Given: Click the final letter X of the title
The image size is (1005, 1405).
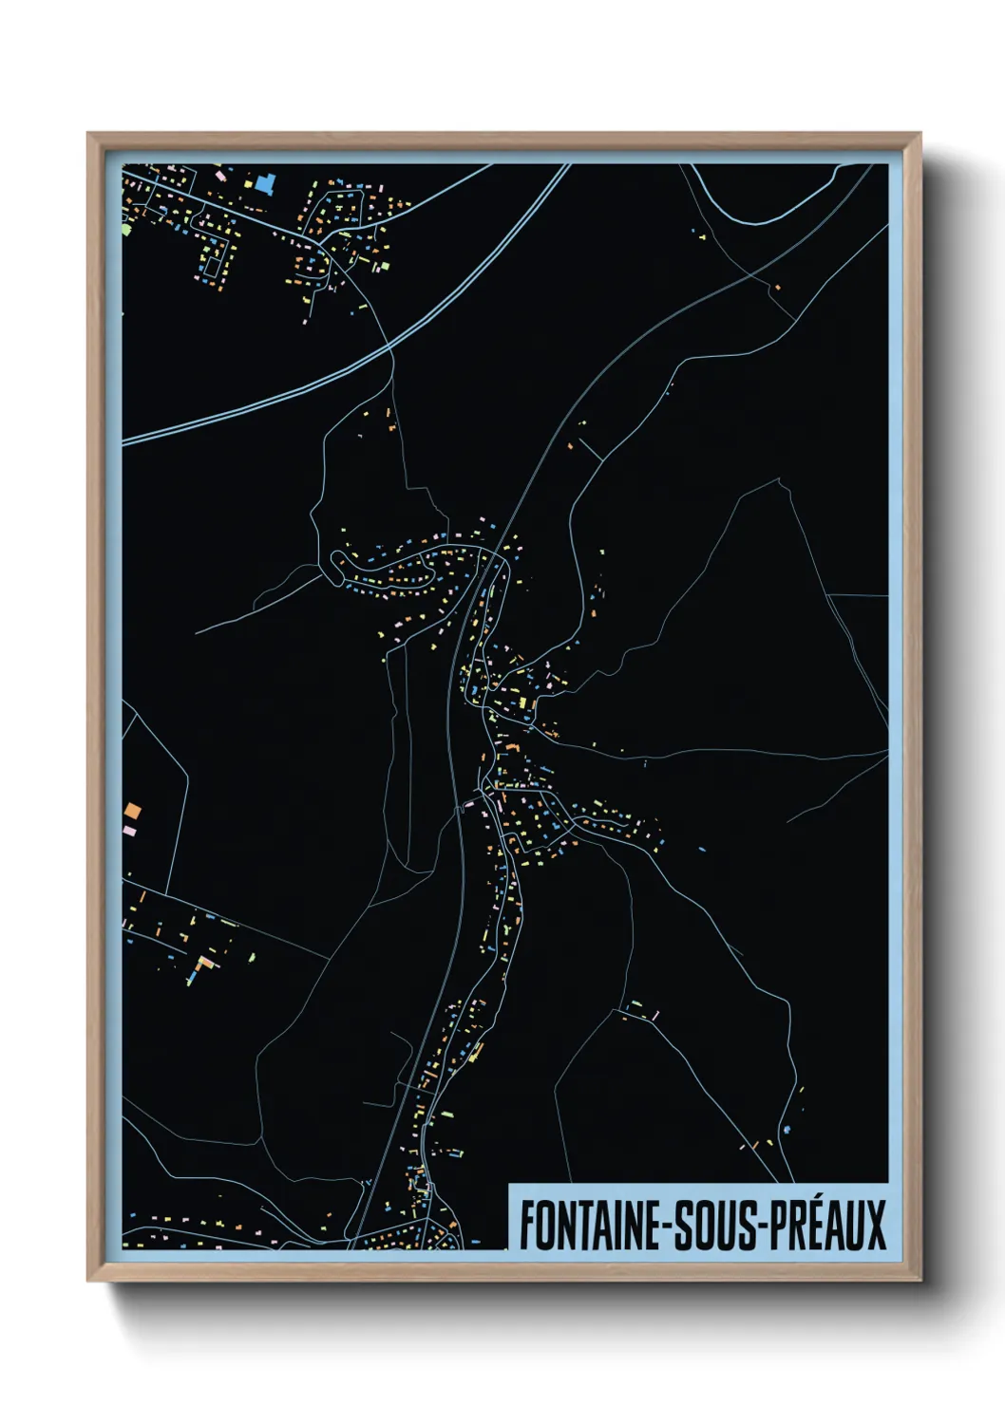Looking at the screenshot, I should click(876, 1226).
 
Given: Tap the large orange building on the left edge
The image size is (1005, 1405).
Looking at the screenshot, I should click(132, 812).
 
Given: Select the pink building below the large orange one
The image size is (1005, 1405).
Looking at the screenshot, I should click(130, 832).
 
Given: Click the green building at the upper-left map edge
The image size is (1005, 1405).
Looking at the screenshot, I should click(126, 229).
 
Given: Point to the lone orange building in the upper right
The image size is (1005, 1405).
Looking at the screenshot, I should click(777, 286).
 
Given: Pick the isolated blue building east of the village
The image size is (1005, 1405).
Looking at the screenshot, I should click(701, 848).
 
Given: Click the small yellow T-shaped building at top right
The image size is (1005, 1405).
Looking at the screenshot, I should click(703, 237).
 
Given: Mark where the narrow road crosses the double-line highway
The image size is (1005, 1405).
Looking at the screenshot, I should click(390, 352).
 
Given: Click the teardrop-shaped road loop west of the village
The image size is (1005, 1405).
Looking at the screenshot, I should click(339, 564).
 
